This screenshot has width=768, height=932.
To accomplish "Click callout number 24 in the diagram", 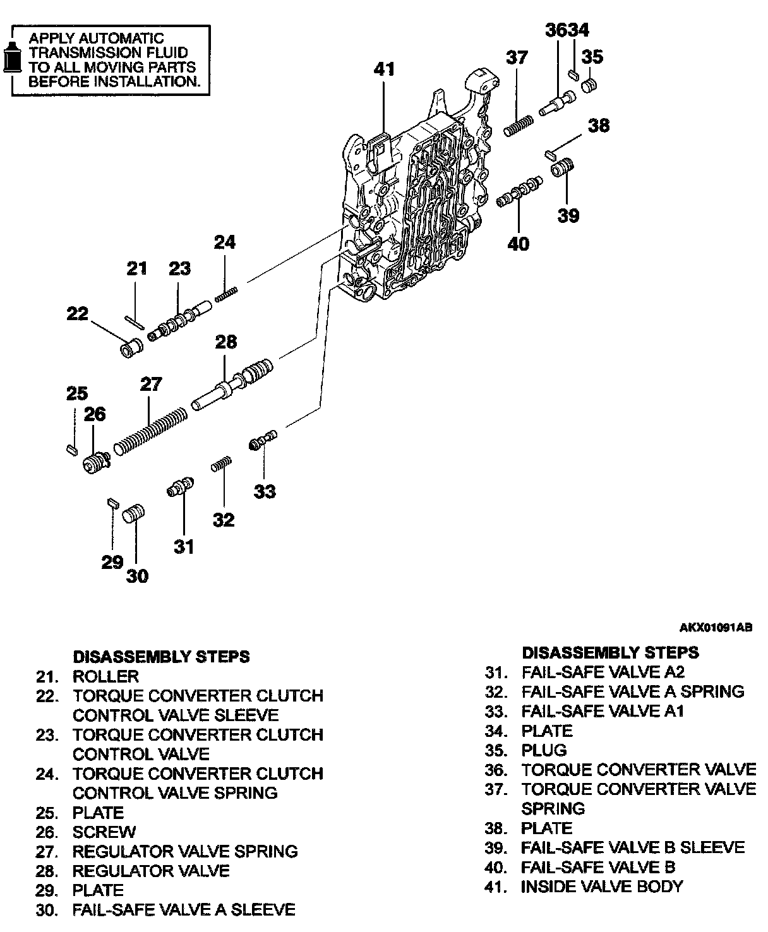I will click(225, 242).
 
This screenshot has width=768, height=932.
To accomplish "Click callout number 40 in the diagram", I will click(518, 243).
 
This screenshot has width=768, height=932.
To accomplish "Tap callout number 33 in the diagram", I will click(265, 491).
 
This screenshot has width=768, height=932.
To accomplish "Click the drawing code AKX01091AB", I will click(716, 628).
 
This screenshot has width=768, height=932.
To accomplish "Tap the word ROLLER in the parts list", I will click(105, 676).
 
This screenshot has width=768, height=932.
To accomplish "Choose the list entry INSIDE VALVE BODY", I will click(601, 887).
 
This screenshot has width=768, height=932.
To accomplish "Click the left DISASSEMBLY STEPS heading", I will click(161, 657).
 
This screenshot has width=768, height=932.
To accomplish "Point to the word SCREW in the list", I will click(104, 832).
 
